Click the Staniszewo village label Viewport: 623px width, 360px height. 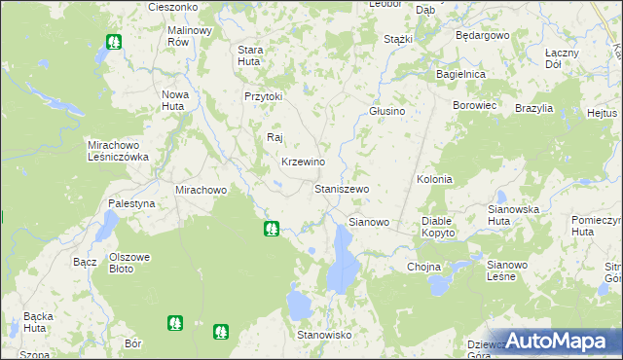point(342,188)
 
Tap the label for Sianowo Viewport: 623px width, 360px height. point(369,222)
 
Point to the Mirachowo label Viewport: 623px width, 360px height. point(201,190)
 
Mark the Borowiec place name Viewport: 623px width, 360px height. point(475,104)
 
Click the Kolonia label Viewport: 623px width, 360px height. point(434,180)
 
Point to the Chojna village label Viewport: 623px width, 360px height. point(424,267)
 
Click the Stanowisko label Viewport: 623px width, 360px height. point(324,335)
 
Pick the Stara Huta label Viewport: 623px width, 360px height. point(251,55)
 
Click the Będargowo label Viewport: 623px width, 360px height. point(483,35)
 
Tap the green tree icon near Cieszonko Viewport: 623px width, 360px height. point(114,42)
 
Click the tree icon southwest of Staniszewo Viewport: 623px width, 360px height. point(273,230)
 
